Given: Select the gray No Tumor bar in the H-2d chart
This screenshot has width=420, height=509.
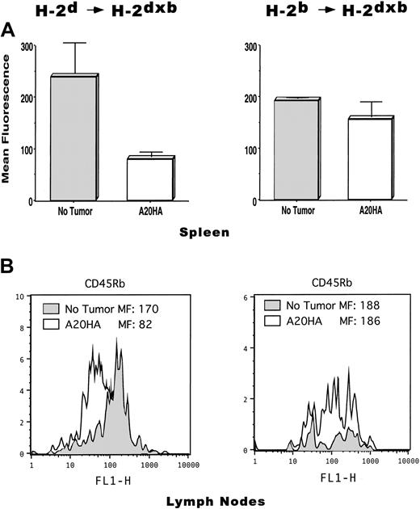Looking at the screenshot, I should coord(73,137).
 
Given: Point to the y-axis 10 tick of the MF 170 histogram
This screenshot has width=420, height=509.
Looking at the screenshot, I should coord(22,298).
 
